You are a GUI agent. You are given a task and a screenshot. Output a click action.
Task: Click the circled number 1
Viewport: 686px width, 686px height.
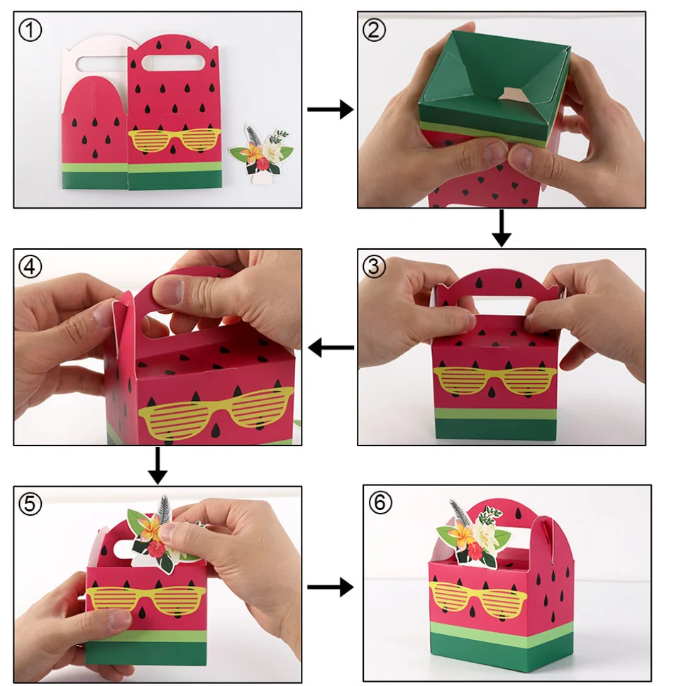click(x=31, y=31)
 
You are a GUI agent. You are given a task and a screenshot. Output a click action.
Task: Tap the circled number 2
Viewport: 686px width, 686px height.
click(x=374, y=31)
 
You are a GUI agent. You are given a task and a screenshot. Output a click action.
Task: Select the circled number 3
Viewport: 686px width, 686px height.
click(x=374, y=267)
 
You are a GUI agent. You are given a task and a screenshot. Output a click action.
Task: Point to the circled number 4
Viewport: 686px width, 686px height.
click(x=31, y=267)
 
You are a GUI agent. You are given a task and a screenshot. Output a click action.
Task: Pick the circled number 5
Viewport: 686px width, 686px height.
click(x=31, y=504)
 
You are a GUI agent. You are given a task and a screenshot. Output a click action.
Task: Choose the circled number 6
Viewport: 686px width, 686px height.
click(x=380, y=502)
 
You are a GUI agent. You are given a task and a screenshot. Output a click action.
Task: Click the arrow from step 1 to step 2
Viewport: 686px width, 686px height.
click(x=331, y=109)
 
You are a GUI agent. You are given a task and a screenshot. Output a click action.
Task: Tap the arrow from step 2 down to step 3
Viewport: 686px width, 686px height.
click(x=502, y=228)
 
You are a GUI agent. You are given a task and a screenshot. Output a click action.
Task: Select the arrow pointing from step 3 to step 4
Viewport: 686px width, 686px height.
click(x=331, y=348)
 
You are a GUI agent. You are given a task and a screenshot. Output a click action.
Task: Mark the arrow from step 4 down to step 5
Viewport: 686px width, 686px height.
click(x=157, y=465)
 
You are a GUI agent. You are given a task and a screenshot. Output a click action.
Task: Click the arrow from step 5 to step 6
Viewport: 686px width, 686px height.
click(x=331, y=587)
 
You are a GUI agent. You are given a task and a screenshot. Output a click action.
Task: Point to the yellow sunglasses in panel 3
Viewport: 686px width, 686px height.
click(x=494, y=380)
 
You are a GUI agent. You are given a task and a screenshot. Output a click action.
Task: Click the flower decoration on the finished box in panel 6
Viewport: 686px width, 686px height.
click(x=473, y=533)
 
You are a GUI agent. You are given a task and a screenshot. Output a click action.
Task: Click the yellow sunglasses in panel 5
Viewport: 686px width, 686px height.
click(x=145, y=599)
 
